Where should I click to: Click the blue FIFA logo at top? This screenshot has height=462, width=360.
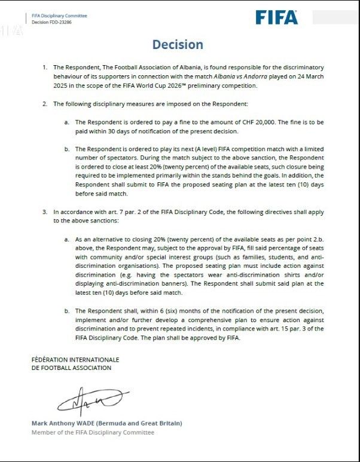[276, 17]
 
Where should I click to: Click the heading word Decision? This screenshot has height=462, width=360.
[178, 45]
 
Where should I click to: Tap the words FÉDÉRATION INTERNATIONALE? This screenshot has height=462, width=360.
[75, 360]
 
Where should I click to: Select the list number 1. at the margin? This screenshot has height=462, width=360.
[45, 68]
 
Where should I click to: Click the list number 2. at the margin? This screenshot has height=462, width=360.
[45, 104]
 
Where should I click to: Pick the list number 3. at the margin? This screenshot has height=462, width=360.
[45, 212]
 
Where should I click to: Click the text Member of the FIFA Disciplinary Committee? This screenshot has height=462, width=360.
[93, 432]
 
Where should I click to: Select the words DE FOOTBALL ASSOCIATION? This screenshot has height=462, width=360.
[71, 368]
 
